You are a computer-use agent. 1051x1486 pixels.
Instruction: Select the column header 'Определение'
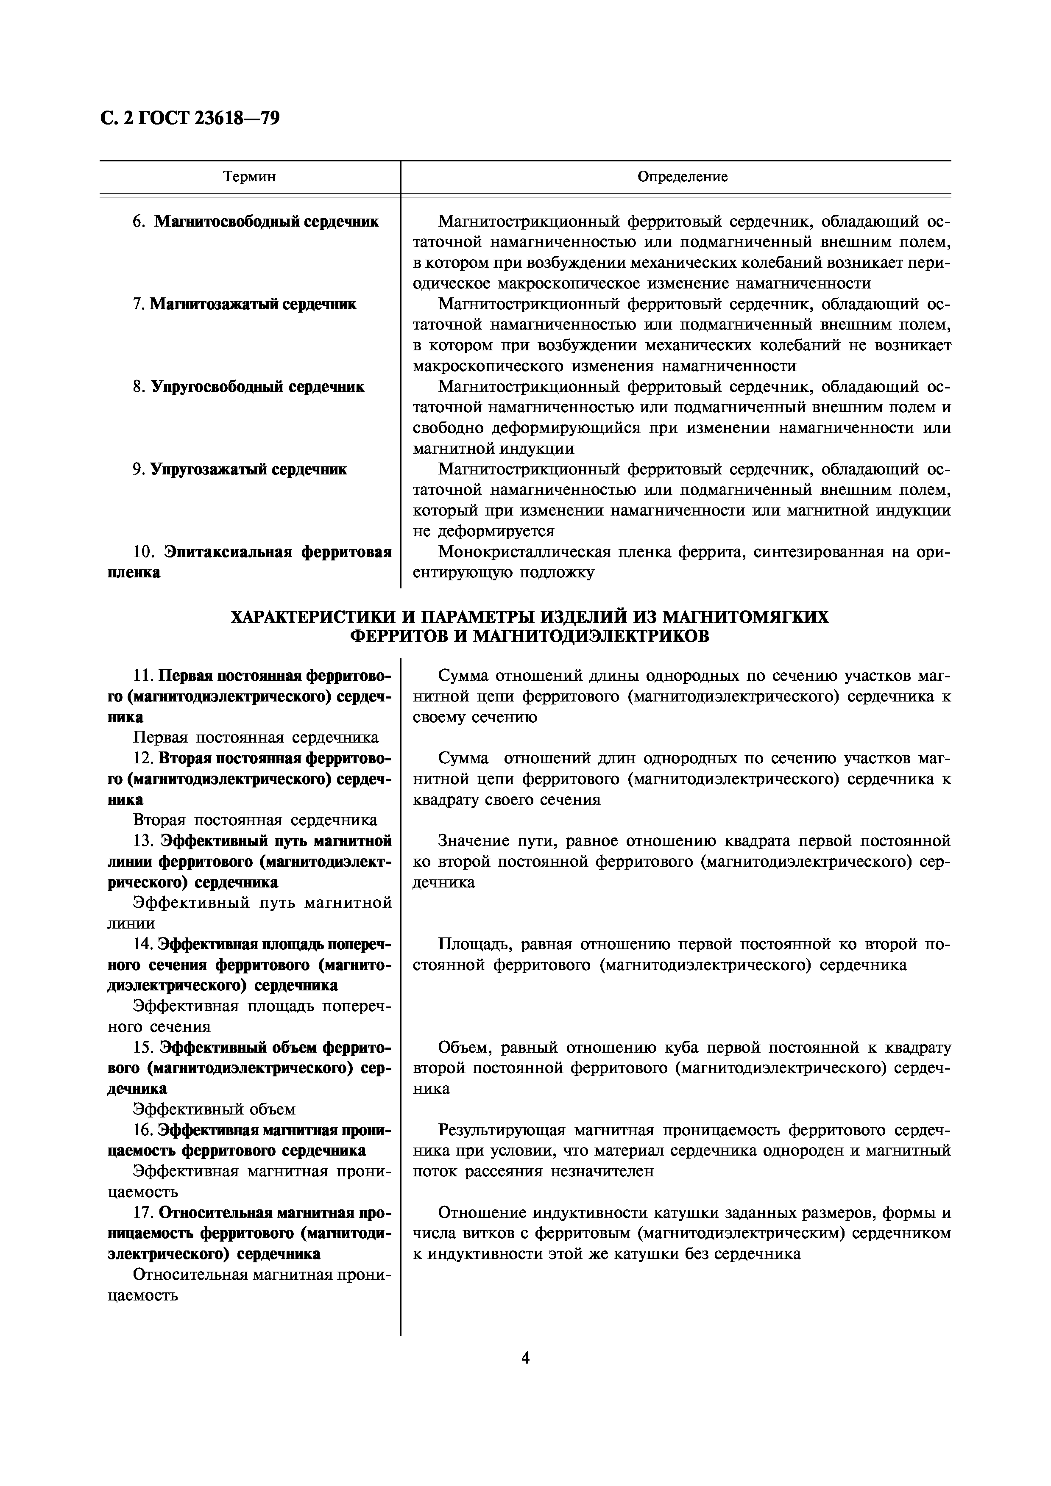(x=683, y=177)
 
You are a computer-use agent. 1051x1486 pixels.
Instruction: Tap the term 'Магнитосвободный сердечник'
(x=266, y=222)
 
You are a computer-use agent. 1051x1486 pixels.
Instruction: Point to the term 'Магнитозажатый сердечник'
(x=253, y=304)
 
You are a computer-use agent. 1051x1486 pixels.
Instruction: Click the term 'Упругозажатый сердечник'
(x=249, y=469)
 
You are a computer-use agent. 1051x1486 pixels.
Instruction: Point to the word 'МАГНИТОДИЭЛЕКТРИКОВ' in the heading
(x=591, y=636)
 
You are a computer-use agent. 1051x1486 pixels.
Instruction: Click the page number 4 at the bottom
(x=525, y=1358)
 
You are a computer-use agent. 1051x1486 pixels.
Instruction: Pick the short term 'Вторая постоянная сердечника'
(x=255, y=821)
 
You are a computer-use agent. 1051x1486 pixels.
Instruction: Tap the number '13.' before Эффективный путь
(x=142, y=841)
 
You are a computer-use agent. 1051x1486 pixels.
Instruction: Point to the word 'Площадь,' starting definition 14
(x=468, y=944)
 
